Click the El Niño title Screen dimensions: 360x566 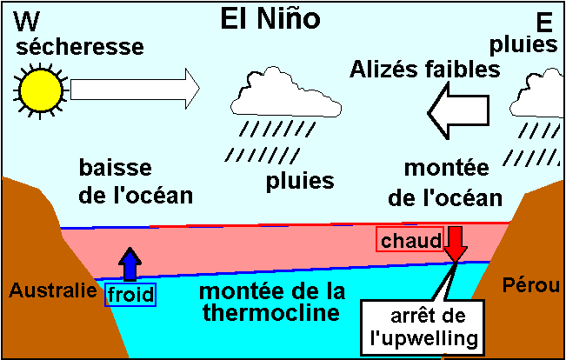[x=283, y=20]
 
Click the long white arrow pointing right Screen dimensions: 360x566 [x=135, y=88]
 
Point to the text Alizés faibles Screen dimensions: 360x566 [x=427, y=70]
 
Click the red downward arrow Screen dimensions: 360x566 [x=454, y=243]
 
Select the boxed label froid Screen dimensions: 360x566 [x=130, y=294]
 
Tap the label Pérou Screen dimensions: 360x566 [x=530, y=284]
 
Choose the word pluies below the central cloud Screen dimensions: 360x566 [x=299, y=183]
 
